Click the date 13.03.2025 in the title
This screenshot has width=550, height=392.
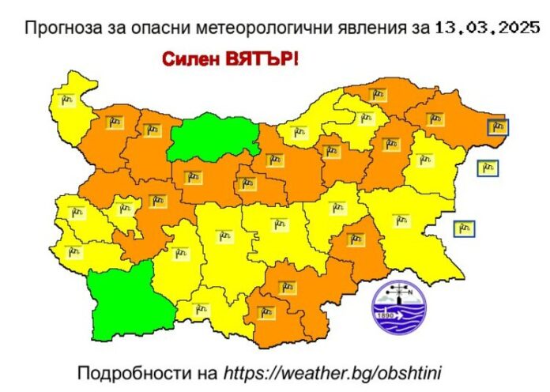click(487, 28)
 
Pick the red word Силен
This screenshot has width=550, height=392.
click(190, 58)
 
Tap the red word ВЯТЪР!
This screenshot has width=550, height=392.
click(261, 58)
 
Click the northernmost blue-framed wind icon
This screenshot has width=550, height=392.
click(497, 126)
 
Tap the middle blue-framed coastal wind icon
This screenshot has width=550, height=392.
click(488, 168)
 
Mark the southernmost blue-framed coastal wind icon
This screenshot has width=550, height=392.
click(464, 228)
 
